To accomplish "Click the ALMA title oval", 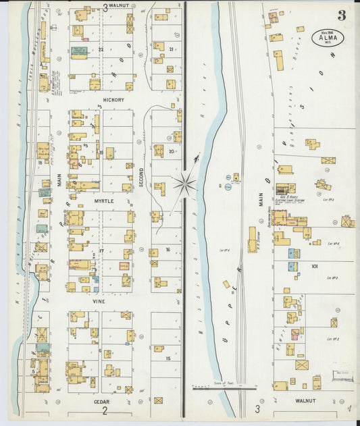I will (x=328, y=38).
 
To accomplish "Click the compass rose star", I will (x=184, y=182).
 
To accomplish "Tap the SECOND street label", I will (x=141, y=176).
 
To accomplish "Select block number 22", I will (x=101, y=49).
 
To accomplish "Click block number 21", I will (x=172, y=49).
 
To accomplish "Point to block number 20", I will (x=172, y=151).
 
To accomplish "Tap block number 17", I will (x=101, y=251).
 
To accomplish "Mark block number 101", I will (x=314, y=267).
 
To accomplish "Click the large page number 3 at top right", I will (x=342, y=15).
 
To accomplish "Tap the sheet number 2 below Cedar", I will (x=105, y=410).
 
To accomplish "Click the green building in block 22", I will (x=78, y=51).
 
